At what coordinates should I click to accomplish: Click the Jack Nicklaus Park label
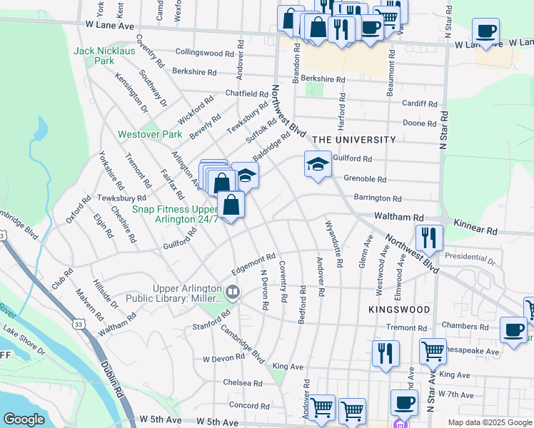[x=94, y=56]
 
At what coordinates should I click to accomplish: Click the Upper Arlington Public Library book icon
[x=232, y=292]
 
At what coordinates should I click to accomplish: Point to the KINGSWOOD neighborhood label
[x=399, y=310]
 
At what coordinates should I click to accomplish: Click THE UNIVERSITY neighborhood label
[x=353, y=140]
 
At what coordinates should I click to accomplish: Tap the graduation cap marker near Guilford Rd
[x=318, y=165]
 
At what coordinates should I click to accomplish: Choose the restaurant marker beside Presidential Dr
[x=429, y=238]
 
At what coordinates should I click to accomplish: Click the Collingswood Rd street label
[x=205, y=53]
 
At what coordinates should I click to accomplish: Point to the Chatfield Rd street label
[x=246, y=93]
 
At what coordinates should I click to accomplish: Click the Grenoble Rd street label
[x=365, y=180]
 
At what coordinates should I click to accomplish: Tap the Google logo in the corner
[x=24, y=419]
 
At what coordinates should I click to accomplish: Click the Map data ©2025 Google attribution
[x=489, y=422]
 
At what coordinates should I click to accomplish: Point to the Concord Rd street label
[x=249, y=405]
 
